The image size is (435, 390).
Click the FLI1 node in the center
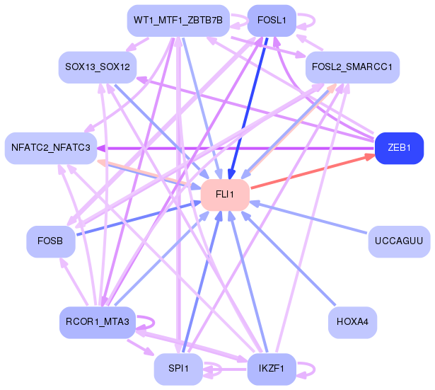[x=225, y=195]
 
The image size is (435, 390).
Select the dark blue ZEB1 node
[x=399, y=148]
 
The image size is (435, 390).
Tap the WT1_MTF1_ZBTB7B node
[x=178, y=21]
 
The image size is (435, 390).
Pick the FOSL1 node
[x=272, y=21]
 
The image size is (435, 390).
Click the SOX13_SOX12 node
[x=98, y=67]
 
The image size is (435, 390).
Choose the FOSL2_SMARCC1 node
[x=352, y=67]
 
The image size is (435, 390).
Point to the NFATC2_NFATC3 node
[x=51, y=148]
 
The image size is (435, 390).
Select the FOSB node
[x=51, y=241]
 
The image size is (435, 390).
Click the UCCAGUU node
[x=399, y=241]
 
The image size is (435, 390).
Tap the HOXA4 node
[x=352, y=322]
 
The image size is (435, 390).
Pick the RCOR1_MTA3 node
[x=98, y=322]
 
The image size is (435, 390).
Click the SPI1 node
[x=178, y=369]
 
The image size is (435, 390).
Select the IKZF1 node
[x=272, y=369]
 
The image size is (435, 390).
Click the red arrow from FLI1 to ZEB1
[x=313, y=171]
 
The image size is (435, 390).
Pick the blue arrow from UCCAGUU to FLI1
[x=309, y=217]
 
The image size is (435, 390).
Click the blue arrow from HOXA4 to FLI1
[x=289, y=258]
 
